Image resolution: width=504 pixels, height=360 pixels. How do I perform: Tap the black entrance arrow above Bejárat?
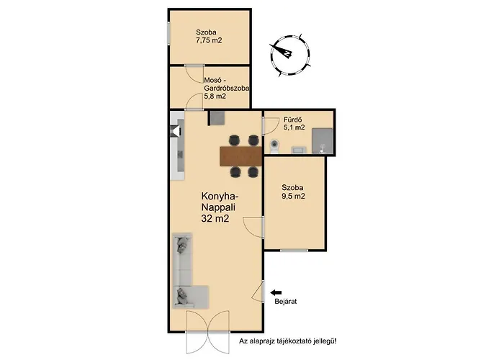276,292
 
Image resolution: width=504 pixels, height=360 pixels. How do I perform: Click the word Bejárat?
285,302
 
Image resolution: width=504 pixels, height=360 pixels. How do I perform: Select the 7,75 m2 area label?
209,40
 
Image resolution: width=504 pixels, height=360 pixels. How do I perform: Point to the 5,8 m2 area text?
215,96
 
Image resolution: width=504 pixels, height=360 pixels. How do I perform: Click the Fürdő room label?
292,120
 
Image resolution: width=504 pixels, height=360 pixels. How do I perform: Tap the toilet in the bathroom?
274,146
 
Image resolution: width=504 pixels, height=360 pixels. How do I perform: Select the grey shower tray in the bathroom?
323,140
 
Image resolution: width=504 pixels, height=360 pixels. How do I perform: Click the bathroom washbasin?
299,150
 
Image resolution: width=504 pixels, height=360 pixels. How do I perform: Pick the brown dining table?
240,156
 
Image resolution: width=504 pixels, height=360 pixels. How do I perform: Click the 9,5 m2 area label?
293,196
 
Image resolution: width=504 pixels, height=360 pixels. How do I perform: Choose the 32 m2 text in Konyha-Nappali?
215,219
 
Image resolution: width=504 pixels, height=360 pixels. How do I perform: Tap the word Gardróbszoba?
227,89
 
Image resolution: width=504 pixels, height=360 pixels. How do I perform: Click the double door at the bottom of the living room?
207,333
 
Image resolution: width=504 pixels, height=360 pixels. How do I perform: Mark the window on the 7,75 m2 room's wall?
168,32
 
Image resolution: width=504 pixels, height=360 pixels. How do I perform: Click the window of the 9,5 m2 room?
294,250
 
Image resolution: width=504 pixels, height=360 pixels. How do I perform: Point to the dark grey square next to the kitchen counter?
217,117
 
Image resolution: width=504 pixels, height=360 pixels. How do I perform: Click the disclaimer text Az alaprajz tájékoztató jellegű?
288,341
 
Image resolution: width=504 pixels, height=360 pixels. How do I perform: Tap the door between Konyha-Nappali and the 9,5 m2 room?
254,228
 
